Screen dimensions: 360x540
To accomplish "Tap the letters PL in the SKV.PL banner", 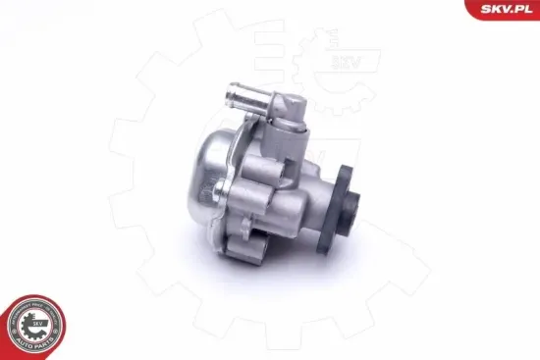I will (520, 10).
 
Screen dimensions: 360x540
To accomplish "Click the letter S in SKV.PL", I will (488, 10).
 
